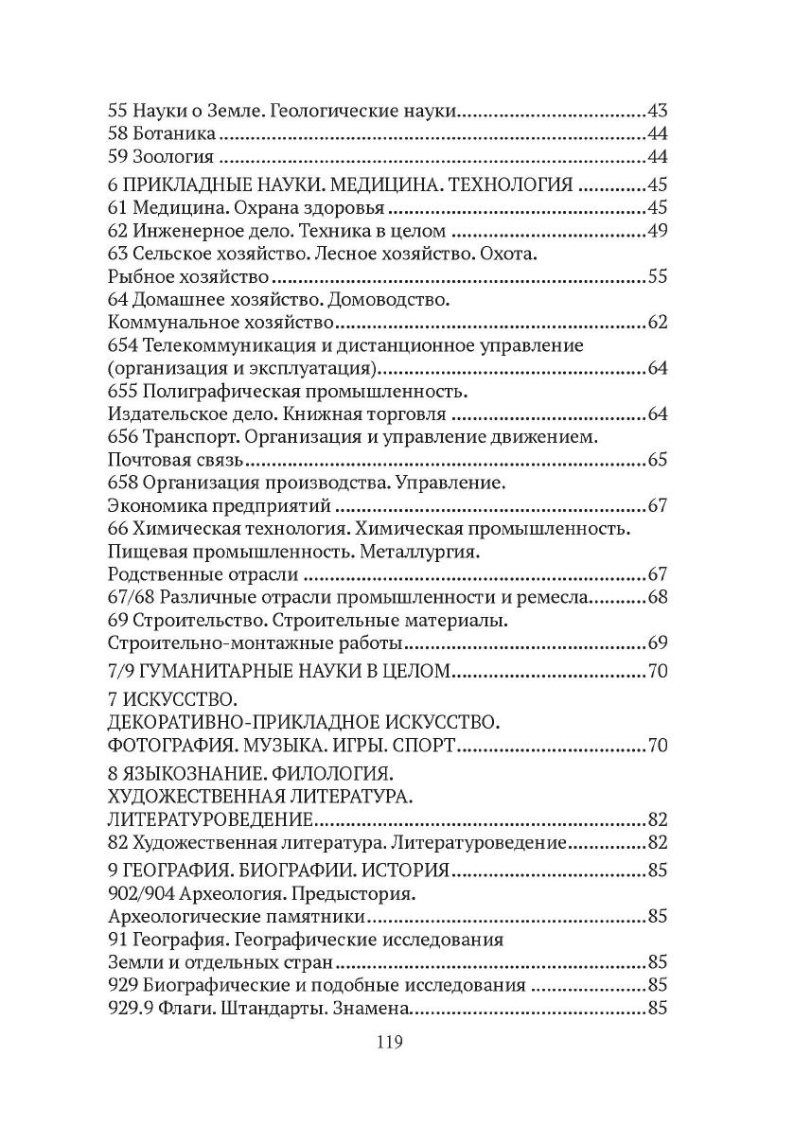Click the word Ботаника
click(165, 133)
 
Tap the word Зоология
click(167, 156)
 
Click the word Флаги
click(190, 1009)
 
